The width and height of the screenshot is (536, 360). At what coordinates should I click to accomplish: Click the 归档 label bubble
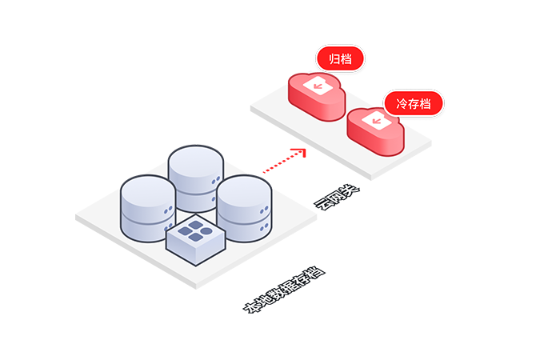[x=340, y=58]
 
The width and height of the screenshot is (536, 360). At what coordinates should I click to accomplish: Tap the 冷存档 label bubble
[x=413, y=103]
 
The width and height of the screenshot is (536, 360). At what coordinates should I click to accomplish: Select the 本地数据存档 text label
[x=283, y=292]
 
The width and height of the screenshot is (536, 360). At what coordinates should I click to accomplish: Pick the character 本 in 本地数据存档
[x=250, y=309]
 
